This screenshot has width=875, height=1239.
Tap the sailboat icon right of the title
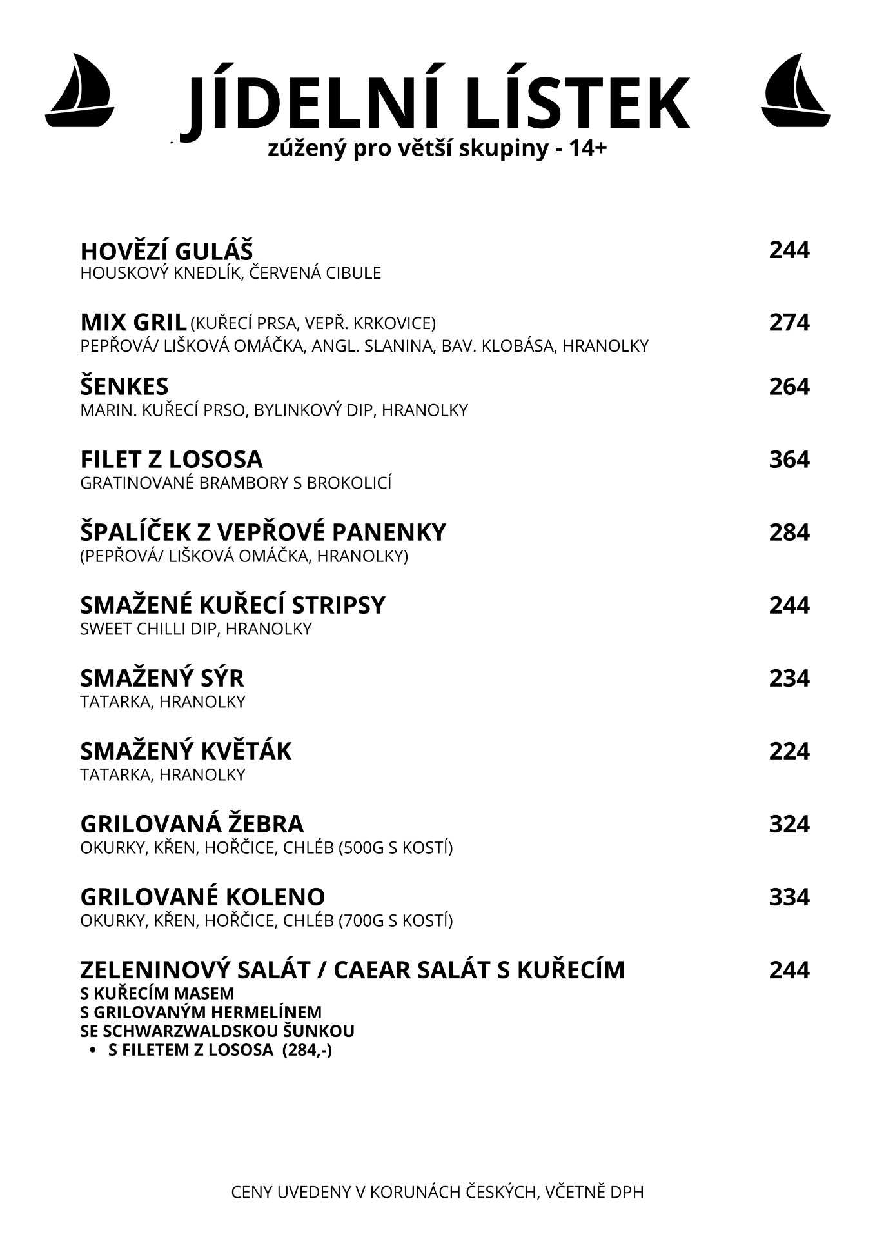[x=795, y=90]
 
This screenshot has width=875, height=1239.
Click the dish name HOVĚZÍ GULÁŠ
[x=166, y=251]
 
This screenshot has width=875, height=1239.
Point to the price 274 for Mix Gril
[x=789, y=323]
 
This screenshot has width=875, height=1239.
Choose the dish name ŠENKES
[x=124, y=387]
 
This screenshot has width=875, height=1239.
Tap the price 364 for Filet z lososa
[x=789, y=460]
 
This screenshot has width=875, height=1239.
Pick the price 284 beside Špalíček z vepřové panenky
[x=789, y=533]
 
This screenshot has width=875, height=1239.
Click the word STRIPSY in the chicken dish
[x=338, y=606]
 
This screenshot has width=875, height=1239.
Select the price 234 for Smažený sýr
[x=789, y=679]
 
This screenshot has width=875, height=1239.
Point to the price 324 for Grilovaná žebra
[x=789, y=825]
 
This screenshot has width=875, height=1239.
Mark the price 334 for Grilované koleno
[x=789, y=898]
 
